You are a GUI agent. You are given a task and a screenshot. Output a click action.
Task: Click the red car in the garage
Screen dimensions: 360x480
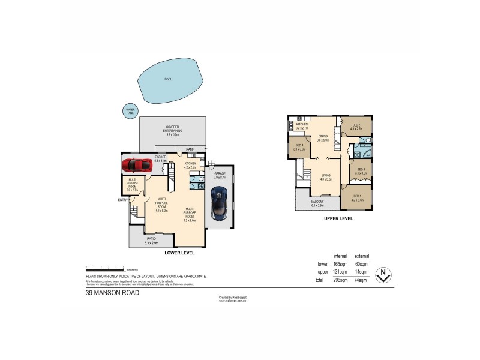click(x=137, y=164)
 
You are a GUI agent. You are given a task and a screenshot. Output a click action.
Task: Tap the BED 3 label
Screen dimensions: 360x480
click(x=361, y=170)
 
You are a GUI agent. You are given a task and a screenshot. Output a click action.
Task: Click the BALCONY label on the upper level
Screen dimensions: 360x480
click(x=317, y=202)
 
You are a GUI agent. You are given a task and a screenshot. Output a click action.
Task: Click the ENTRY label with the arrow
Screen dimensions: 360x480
click(x=124, y=199)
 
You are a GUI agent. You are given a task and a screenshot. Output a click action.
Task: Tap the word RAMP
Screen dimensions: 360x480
click(x=190, y=149)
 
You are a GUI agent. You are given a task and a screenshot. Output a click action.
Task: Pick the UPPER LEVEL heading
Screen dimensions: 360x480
click(x=338, y=219)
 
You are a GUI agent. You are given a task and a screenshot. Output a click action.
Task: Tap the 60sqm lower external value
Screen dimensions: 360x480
click(x=361, y=263)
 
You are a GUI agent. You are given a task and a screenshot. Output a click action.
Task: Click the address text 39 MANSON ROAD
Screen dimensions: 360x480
click(x=112, y=293)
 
